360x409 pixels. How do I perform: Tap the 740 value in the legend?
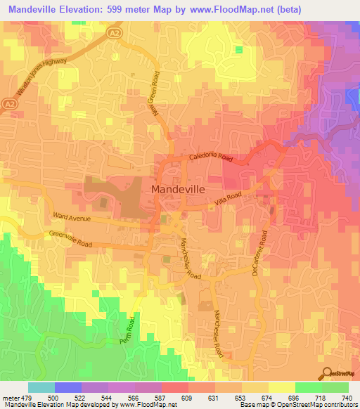[347, 398]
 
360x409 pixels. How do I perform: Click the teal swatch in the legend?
[41, 387]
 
